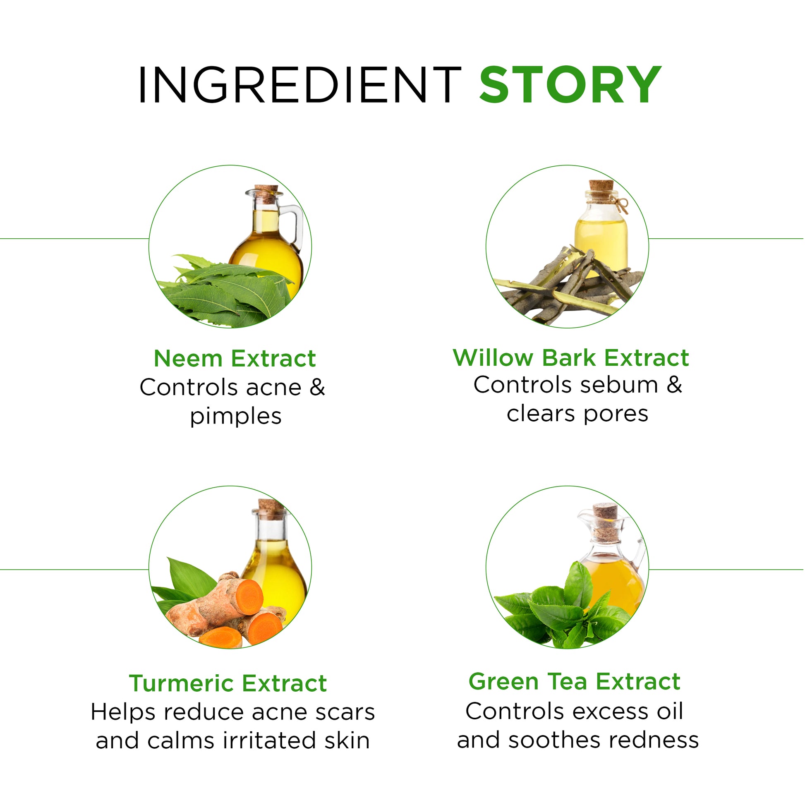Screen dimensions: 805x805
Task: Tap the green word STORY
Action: coord(570,84)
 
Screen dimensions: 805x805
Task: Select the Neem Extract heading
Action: coord(235,358)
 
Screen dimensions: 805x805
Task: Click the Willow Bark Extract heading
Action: coord(571,357)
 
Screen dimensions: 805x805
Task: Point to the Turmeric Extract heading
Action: coord(228,683)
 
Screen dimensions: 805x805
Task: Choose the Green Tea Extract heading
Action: coord(574,682)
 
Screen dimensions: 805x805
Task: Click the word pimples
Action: coord(236,417)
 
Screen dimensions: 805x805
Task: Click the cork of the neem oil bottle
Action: coord(266,194)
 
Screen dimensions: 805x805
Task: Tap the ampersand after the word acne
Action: coord(317,387)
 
